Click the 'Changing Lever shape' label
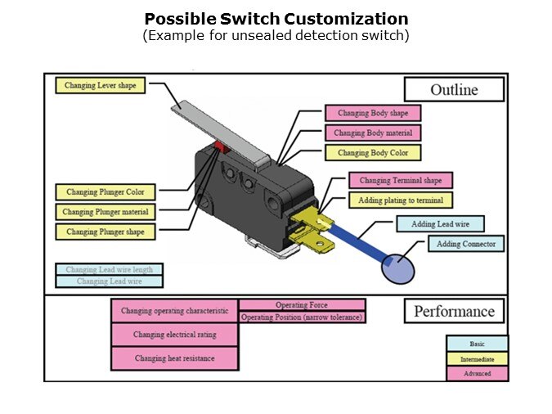[x=101, y=84]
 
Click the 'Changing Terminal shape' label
[x=401, y=180]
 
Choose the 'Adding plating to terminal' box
[x=401, y=200]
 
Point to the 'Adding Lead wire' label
[x=440, y=224]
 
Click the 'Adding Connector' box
[x=465, y=244]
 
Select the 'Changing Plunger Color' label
[x=105, y=192]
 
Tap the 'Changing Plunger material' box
[x=105, y=212]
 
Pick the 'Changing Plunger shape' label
[x=105, y=232]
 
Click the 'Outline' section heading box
[x=454, y=89]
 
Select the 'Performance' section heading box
[x=454, y=311]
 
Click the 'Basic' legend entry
[x=477, y=344]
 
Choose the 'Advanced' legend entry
[x=477, y=373]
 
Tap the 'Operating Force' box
[x=302, y=305]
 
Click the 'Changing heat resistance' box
[x=175, y=358]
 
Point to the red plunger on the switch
[x=219, y=146]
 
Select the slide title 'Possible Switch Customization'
[x=276, y=19]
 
